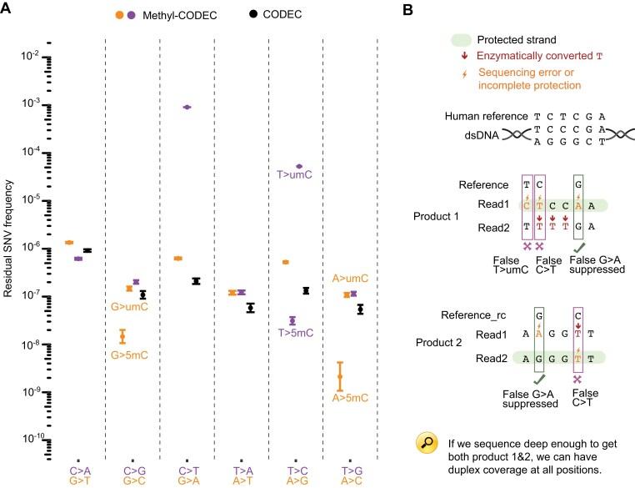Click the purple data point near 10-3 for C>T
click(187, 107)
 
